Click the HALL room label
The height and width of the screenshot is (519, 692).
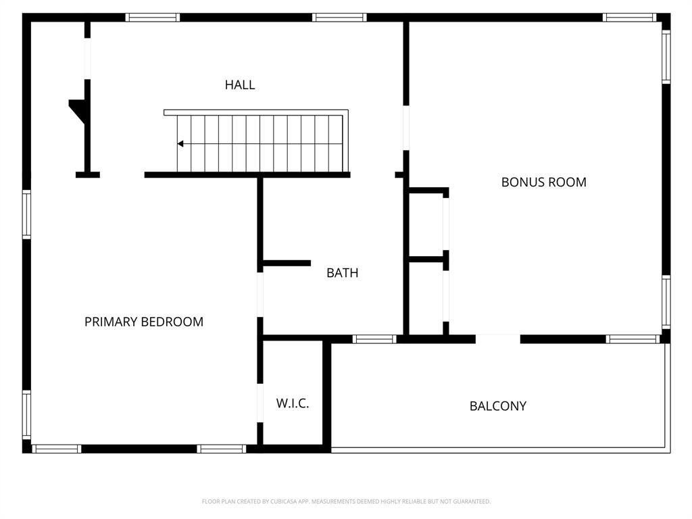point(240,85)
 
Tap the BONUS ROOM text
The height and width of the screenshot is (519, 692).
point(543,182)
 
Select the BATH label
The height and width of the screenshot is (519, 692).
point(342,273)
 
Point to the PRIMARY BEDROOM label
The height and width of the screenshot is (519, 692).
point(143,322)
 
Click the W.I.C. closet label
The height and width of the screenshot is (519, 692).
point(292,403)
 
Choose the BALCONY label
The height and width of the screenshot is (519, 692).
point(497,406)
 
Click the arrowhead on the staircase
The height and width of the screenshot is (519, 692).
point(180,144)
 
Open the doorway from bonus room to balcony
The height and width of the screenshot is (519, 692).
point(497,339)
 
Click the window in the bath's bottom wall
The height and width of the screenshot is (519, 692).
point(374,339)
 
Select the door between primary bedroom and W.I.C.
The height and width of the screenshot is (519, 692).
point(259,403)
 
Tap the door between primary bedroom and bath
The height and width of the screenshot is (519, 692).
point(259,295)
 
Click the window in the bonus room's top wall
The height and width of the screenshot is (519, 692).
point(629,18)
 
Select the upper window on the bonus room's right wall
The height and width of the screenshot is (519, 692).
point(666,57)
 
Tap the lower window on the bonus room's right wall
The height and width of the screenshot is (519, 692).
point(666,302)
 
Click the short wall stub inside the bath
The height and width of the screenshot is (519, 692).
point(287,263)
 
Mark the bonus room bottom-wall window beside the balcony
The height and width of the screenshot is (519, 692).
point(632,339)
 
